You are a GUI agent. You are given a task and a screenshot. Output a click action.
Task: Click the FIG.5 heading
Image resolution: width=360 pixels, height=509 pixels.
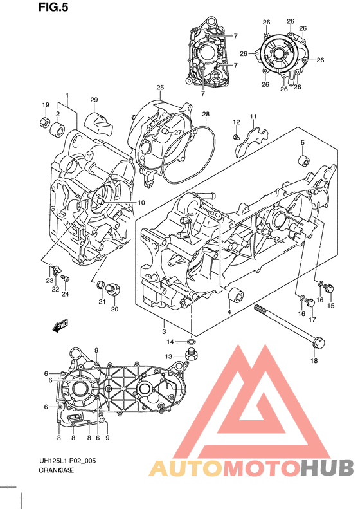click(x=53, y=7)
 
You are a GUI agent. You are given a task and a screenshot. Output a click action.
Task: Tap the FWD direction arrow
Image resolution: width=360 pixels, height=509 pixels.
click(x=60, y=325)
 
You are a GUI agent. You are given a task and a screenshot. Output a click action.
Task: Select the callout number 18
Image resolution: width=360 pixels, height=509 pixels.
click(x=314, y=360)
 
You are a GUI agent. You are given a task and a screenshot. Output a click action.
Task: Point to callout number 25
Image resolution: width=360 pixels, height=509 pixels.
click(x=160, y=88)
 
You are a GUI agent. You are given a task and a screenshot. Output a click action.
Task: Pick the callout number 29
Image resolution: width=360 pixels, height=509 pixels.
click(x=94, y=100)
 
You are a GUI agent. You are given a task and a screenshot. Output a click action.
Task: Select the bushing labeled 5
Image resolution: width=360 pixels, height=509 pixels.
click(x=304, y=161)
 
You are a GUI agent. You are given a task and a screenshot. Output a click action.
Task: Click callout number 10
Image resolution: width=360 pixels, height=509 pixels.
click(x=141, y=203)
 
